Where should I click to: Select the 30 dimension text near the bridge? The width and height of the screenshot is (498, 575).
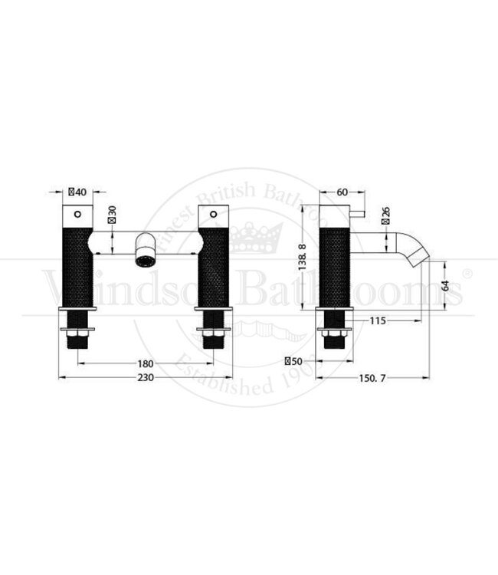coord(113,214)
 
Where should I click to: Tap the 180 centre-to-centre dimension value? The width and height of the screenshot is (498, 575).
coord(146,363)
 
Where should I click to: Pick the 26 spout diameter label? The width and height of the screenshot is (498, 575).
coord(385,211)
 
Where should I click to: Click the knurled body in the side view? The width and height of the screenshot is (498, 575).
coord(334,264)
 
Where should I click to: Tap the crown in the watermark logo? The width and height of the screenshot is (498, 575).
coord(250,238)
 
